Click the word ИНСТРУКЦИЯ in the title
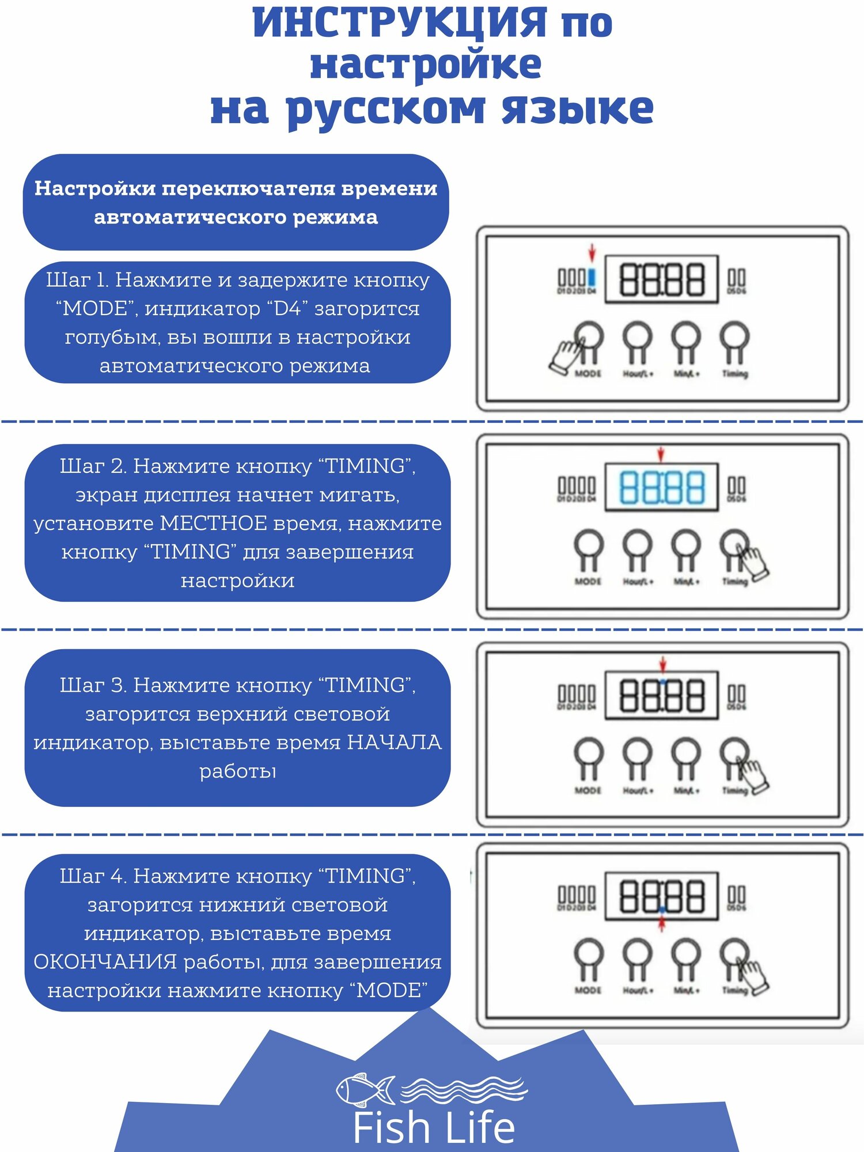(400, 23)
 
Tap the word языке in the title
(578, 109)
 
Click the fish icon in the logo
(365, 1089)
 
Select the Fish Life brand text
(434, 1128)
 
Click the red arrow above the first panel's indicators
(592, 252)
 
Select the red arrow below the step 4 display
(662, 924)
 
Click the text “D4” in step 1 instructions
(287, 309)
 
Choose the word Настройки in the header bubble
(95, 188)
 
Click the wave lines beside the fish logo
(464, 1089)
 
